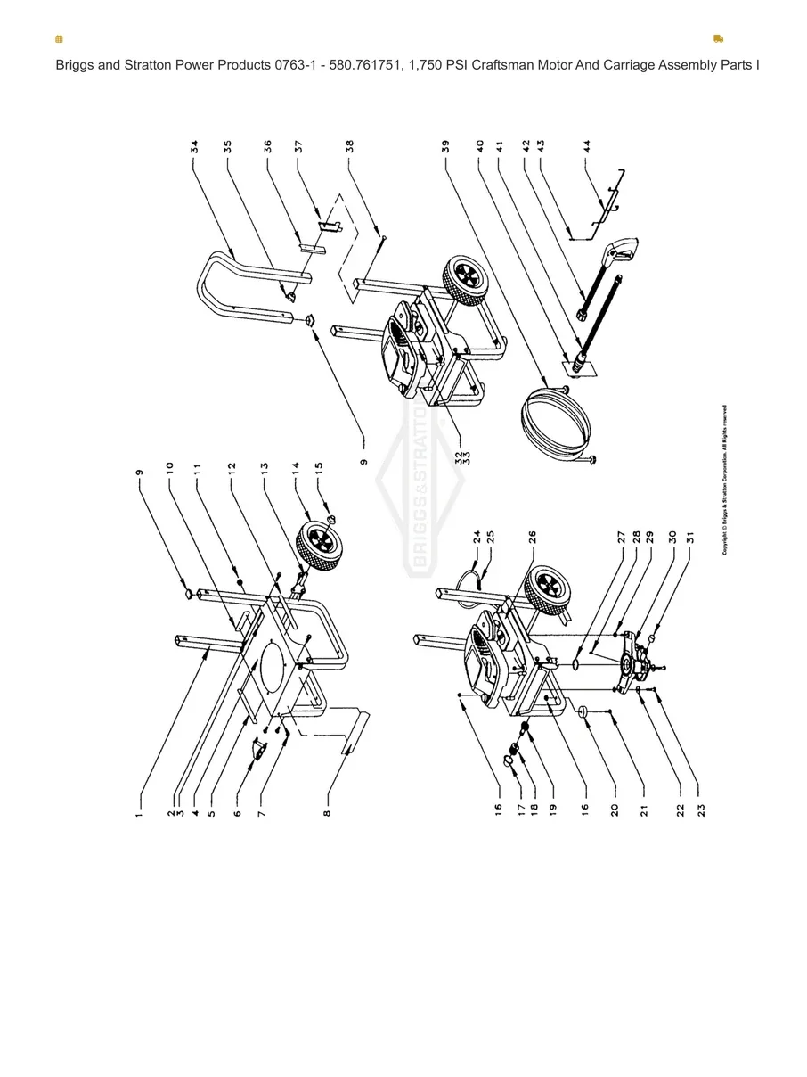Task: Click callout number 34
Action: pos(193,147)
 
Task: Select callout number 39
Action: pos(444,147)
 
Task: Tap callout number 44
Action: pos(586,147)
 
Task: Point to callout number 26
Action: pos(532,538)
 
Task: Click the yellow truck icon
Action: pos(718,39)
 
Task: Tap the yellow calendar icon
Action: pos(59,39)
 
